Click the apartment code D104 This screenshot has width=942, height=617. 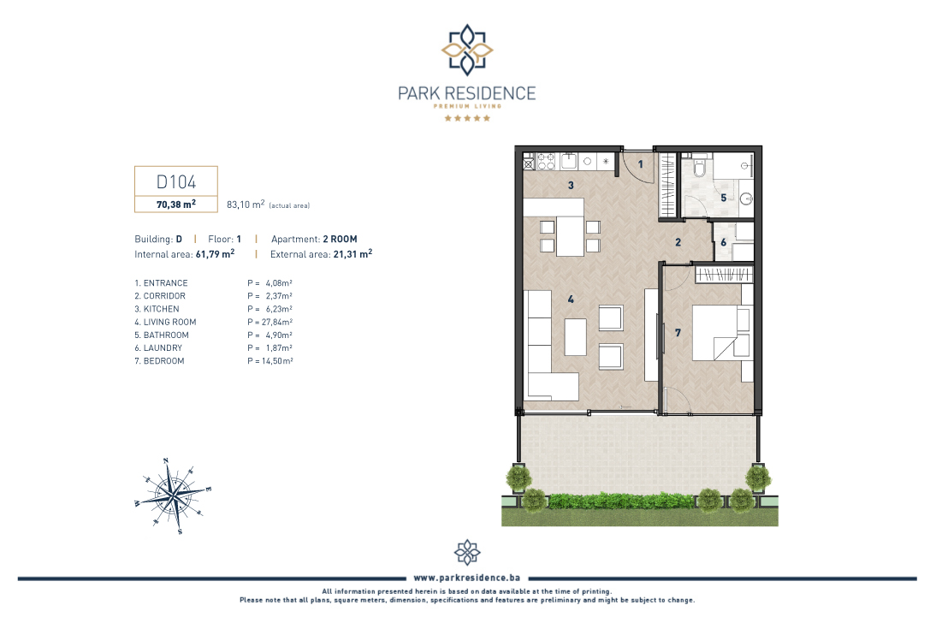[x=176, y=182]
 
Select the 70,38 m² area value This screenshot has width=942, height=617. [x=176, y=205]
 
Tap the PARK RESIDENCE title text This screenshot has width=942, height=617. [x=467, y=94]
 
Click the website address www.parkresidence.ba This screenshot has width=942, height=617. [x=467, y=578]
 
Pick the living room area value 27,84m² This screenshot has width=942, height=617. [x=270, y=322]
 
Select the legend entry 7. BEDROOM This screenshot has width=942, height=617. [x=159, y=361]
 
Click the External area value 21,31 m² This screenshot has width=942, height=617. [x=353, y=254]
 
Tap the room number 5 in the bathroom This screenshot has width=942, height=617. [x=723, y=198]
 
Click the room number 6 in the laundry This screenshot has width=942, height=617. [x=723, y=242]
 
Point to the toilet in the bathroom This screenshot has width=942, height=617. [x=699, y=166]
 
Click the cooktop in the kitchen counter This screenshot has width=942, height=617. [x=546, y=161]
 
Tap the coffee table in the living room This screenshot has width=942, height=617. [x=576, y=337]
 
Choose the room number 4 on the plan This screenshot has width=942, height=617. [x=571, y=299]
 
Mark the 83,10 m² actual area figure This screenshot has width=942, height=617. [x=246, y=205]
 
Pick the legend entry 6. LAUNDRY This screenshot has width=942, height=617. [x=158, y=347]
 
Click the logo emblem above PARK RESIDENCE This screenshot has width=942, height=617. [x=467, y=50]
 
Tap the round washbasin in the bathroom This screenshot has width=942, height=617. [x=746, y=199]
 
